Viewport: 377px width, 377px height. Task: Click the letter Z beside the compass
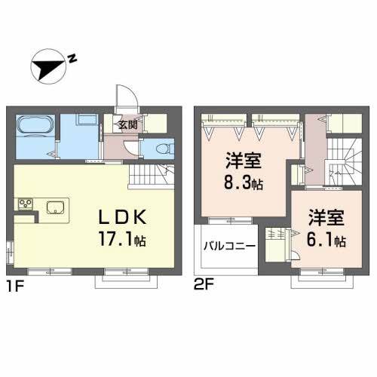(71, 58)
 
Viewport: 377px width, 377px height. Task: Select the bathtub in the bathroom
(35, 128)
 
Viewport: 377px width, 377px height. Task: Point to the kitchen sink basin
(57, 207)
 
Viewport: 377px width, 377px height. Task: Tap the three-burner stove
(24, 205)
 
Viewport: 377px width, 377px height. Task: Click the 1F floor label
(15, 287)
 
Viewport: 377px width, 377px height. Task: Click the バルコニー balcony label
(228, 247)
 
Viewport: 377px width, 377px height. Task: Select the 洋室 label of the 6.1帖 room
(326, 219)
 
